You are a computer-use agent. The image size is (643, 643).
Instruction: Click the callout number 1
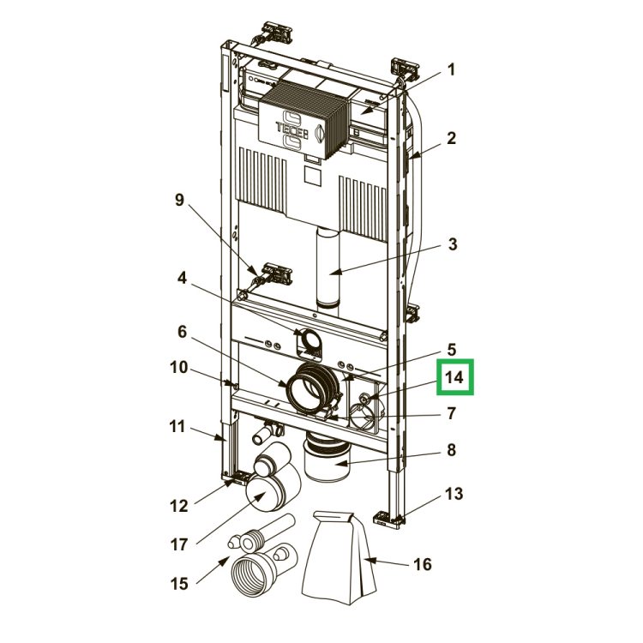pos(451,69)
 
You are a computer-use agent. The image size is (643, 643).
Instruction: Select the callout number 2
pos(451,138)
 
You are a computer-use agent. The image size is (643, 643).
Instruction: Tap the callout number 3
pos(453,244)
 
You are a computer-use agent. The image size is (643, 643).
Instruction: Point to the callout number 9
pos(180,200)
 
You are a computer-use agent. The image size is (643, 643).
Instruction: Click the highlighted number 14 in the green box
pos(454,377)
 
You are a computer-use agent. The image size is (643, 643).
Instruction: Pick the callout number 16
pos(423,564)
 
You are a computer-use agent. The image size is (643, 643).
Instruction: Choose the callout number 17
pos(179,544)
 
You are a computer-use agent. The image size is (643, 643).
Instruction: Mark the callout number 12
pos(179,506)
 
